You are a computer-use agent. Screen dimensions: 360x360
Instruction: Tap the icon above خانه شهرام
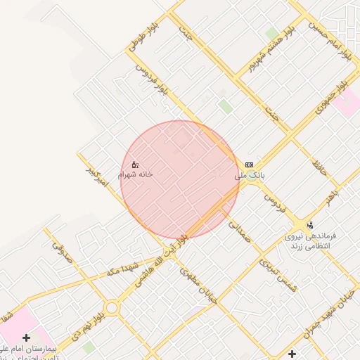click(x=135, y=165)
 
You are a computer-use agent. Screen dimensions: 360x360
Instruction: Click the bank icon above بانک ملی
click(x=248, y=165)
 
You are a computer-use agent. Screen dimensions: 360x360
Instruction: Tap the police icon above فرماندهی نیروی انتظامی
click(x=310, y=225)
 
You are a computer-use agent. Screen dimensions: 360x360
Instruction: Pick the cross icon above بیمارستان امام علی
click(x=27, y=338)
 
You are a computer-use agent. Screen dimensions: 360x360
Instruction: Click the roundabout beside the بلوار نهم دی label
click(x=111, y=308)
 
